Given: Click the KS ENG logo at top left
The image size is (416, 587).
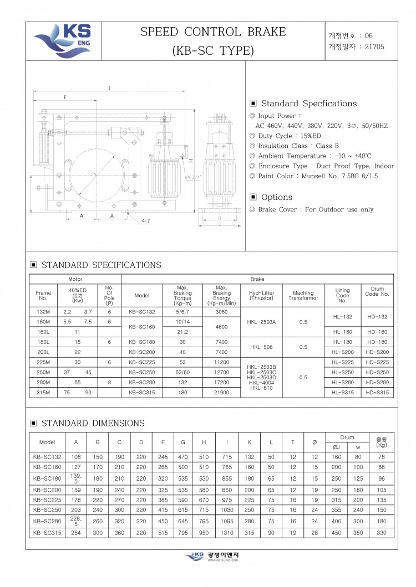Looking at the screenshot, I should pyautogui.click(x=63, y=40).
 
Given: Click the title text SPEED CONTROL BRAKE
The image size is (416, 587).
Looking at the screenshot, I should pyautogui.click(x=213, y=32).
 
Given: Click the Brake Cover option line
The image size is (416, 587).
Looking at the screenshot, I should pyautogui.click(x=312, y=209).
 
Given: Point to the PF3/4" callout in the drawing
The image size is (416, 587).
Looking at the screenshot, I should pyautogui.click(x=194, y=177).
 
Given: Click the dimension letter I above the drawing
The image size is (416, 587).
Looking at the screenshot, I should pyautogui.click(x=109, y=88).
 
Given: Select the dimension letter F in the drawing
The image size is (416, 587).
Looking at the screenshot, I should pyautogui.click(x=65, y=97).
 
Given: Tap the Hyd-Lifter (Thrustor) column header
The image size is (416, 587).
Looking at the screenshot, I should pyautogui.click(x=261, y=295).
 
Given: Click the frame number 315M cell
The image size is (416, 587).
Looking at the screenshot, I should pyautogui.click(x=43, y=392).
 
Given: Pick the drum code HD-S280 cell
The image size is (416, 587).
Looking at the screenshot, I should pyautogui.click(x=378, y=382).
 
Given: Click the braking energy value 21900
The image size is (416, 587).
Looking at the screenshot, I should pyautogui.click(x=221, y=392).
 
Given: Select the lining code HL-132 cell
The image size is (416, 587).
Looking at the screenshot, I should pyautogui.click(x=343, y=317).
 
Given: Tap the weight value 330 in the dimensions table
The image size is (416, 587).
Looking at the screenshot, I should pyautogui.click(x=381, y=533).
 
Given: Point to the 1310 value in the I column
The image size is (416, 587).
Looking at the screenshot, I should pyautogui.click(x=227, y=533).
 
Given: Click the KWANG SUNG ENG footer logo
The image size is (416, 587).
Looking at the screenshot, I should pyautogui.click(x=209, y=556).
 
